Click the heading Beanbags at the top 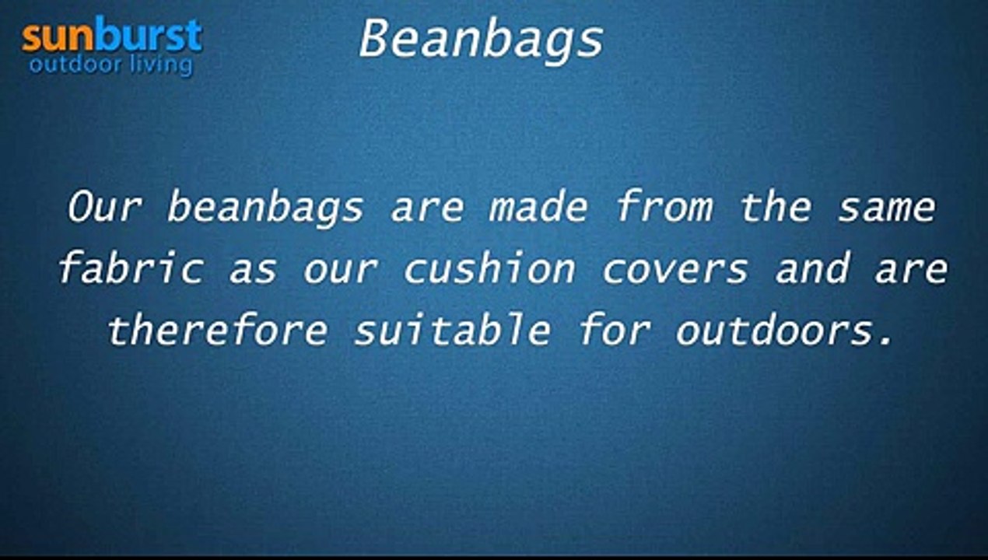point(481,39)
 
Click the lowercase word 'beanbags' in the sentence point(265,208)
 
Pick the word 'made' point(538,208)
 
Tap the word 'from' point(664,208)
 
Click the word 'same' point(886,208)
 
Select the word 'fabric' point(130,269)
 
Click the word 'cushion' point(489,269)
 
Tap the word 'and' point(811,269)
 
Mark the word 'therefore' point(217,331)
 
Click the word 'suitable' point(452,331)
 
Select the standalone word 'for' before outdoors point(614,331)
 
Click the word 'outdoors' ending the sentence point(778,331)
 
